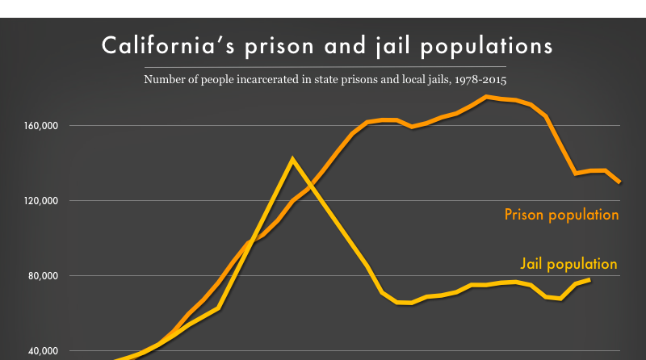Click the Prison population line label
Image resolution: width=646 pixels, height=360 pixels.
pos(561,215)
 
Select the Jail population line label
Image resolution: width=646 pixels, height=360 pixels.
pos(568,264)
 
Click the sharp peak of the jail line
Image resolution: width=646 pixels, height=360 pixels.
pos(292,159)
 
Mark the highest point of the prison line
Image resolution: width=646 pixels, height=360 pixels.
pos(487,97)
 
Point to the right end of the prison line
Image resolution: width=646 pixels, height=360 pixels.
pos(619,182)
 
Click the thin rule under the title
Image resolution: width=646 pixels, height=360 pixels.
pos(323,66)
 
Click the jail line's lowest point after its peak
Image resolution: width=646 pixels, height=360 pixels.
pos(410,303)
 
